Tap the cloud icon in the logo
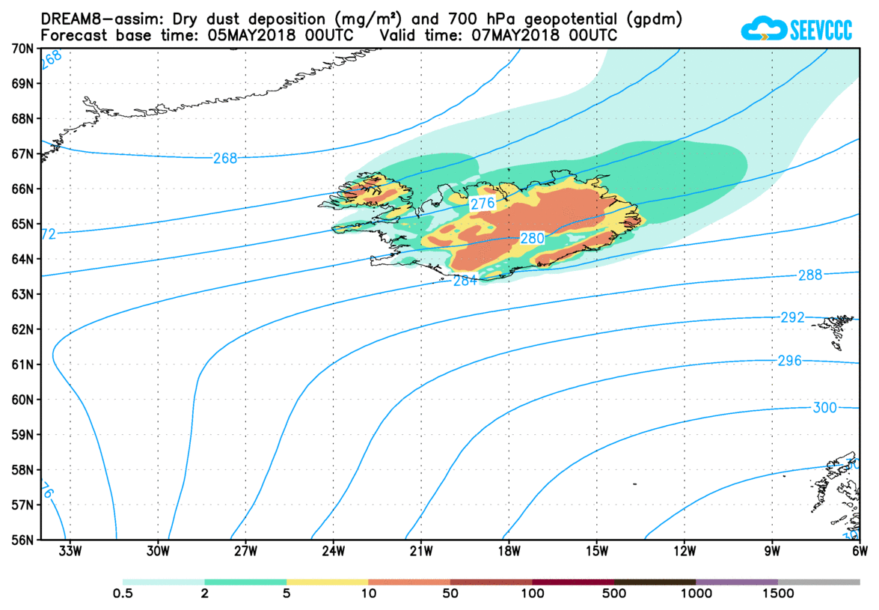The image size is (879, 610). [x=763, y=29]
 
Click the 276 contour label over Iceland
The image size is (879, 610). [x=480, y=204]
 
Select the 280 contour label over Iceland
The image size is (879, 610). [x=532, y=238]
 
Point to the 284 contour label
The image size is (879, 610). [x=465, y=281]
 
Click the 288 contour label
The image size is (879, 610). [x=809, y=275]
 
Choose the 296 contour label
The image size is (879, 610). [x=788, y=361]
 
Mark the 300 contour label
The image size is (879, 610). [x=824, y=407]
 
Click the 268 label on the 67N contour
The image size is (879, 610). [x=224, y=158]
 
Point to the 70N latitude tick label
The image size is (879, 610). [x=22, y=49]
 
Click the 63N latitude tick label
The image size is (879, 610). [x=22, y=294]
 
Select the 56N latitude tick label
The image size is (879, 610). [x=22, y=540]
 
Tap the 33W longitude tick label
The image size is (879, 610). [x=70, y=552]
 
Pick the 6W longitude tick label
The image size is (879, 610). [x=859, y=552]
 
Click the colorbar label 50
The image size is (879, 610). [x=450, y=594]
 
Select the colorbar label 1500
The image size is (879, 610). [x=778, y=594]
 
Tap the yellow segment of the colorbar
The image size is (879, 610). [x=327, y=582]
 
